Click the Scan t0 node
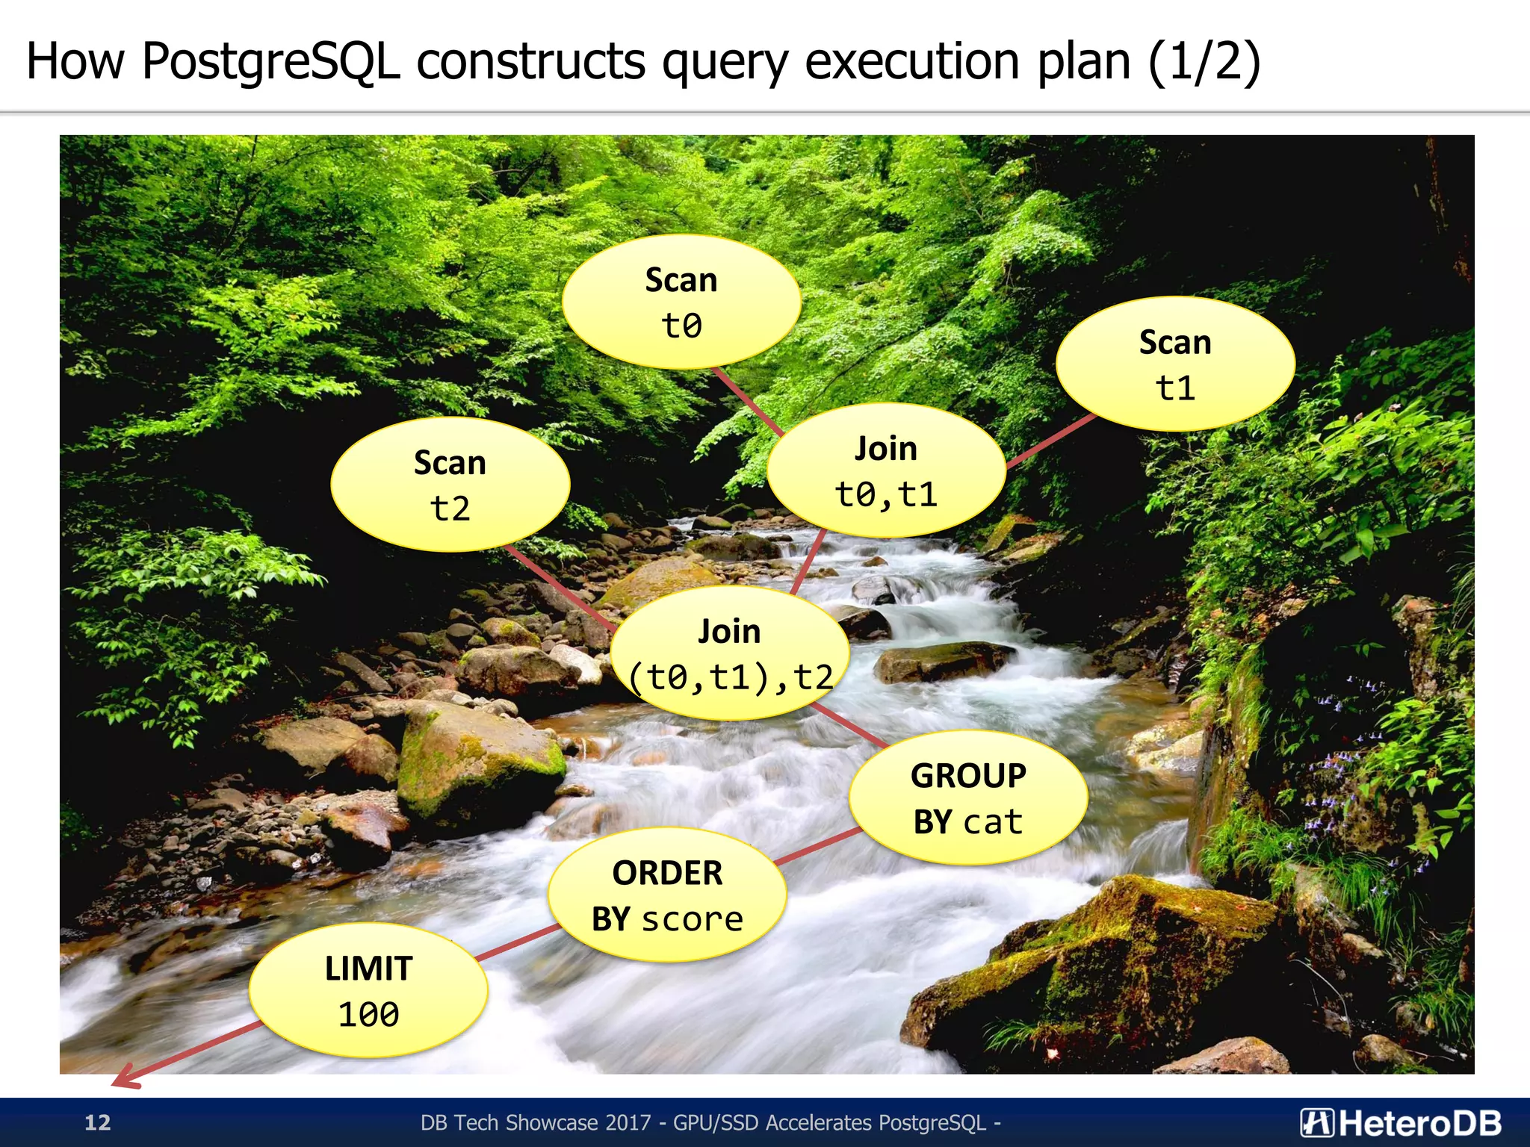point(681,302)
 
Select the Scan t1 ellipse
point(1175,364)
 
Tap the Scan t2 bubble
point(450,485)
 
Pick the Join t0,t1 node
point(886,470)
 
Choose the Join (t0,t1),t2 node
point(730,653)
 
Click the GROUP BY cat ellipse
point(968,798)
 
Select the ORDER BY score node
point(667,895)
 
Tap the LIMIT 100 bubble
point(368,990)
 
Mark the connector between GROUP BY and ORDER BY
point(818,846)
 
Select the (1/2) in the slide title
point(1204,61)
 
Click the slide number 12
point(97,1122)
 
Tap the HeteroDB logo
point(1400,1122)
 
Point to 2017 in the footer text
point(628,1122)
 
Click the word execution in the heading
point(912,61)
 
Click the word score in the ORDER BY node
point(693,919)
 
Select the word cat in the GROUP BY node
point(993,822)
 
